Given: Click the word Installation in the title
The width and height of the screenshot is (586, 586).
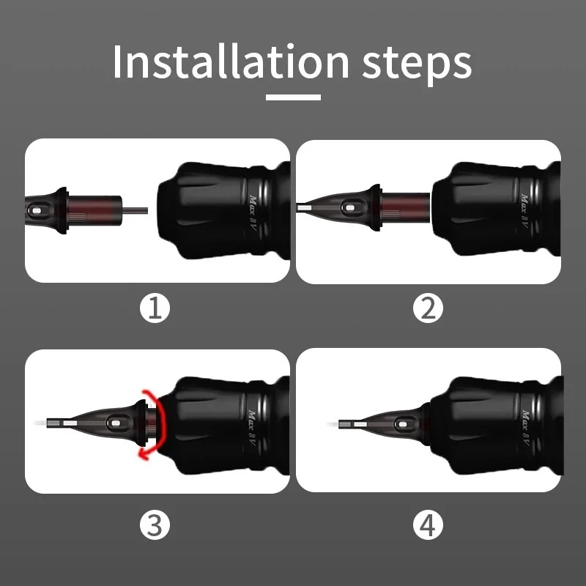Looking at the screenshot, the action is pos(231,62).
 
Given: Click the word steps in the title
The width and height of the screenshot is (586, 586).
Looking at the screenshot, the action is pos(417,64).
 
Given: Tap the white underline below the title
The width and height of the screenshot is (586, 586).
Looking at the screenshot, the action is pos(294,97).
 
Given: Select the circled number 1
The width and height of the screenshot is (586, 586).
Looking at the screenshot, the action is pos(155,308).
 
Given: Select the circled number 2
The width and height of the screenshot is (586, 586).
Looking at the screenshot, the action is pos(428,308).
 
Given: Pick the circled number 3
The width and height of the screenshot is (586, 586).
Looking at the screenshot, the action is pos(155,524).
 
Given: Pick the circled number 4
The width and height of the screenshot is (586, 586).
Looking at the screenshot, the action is pos(428,524).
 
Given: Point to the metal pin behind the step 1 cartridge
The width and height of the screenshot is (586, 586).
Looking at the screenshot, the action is pos(135,210).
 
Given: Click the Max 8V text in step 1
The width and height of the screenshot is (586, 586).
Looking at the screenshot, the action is pos(253,212).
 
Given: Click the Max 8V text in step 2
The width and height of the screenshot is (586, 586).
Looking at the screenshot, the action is pos(524,211).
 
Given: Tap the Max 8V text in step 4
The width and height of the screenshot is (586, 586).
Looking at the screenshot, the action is pos(525,428).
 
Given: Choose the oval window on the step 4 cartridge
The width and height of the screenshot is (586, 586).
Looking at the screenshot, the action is pos(402,424).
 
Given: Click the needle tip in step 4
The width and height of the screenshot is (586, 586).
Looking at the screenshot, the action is pos(333,425).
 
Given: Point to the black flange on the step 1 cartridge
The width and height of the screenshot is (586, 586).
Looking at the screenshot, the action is pos(62,210).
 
